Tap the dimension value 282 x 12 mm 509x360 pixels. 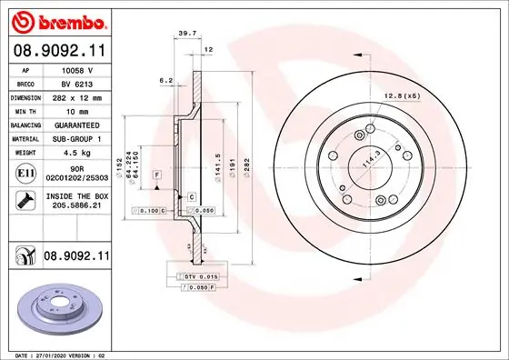click(x=79, y=96)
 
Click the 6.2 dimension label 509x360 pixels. click(x=165, y=81)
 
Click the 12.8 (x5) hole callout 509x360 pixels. click(x=400, y=95)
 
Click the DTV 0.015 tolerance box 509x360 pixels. click(x=203, y=275)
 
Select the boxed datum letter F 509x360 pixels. click(x=156, y=174)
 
